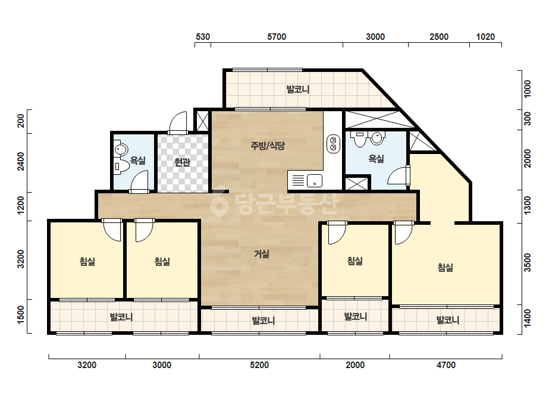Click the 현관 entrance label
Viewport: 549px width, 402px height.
point(183,162)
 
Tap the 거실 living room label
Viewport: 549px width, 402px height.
point(262,254)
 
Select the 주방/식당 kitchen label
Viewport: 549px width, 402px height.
point(268,145)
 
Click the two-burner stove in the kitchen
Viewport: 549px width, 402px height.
point(333,143)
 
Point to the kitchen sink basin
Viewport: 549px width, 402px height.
point(315,181)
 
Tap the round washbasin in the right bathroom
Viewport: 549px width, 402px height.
point(377,139)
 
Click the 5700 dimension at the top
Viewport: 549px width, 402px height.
point(277,37)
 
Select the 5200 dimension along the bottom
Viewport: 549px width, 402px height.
point(259,365)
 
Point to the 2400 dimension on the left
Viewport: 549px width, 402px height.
point(21,162)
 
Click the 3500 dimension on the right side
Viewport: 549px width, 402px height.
point(528,263)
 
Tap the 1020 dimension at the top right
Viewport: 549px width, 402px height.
point(485,37)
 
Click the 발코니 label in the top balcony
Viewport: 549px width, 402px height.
point(298,89)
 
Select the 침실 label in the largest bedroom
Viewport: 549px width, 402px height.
point(446,268)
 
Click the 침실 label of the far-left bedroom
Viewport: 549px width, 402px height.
point(87,261)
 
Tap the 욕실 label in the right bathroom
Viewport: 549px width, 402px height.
point(377,159)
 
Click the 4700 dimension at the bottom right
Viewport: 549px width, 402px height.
point(446,365)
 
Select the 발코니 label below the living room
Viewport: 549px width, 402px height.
point(263,321)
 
